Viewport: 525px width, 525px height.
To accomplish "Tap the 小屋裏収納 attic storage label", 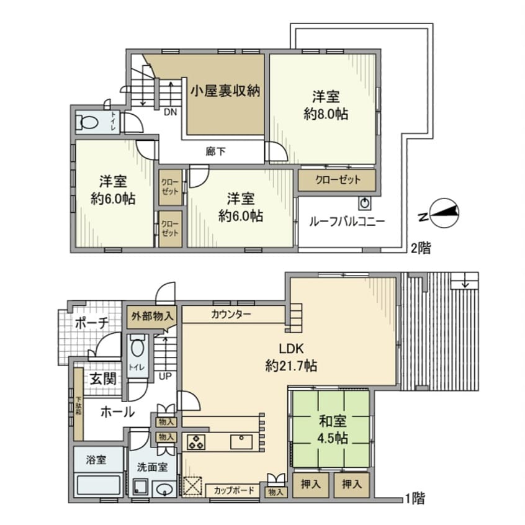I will pyautogui.click(x=224, y=91).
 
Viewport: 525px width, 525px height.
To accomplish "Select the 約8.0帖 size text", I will pyautogui.click(x=325, y=114).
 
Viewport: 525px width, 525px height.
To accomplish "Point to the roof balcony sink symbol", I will pyautogui.click(x=364, y=202).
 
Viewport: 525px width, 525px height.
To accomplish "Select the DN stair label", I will pyautogui.click(x=169, y=113).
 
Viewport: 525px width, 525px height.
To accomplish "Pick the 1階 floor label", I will pyautogui.click(x=415, y=497).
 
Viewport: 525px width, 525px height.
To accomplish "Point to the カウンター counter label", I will pyautogui.click(x=231, y=314).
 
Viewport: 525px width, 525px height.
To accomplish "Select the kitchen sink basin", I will pyautogui.click(x=241, y=442).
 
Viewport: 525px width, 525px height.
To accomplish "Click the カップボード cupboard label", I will pyautogui.click(x=234, y=490).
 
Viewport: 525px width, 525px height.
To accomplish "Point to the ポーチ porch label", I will pyautogui.click(x=92, y=323).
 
